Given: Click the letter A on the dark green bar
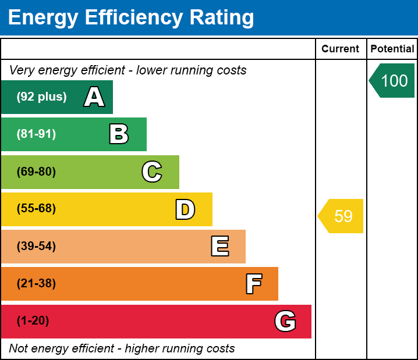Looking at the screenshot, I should click(94, 97).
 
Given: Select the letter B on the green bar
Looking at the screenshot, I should click(119, 134).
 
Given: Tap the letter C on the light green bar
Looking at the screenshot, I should click(152, 172).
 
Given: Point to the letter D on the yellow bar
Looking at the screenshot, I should click(185, 209).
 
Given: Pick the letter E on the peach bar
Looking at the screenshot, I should click(219, 247).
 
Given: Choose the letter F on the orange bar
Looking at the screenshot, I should click(253, 284).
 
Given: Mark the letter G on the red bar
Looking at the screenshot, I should click(285, 321).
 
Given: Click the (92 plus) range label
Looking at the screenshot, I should click(41, 97).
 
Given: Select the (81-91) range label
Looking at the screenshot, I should click(36, 134).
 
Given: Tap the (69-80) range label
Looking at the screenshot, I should click(36, 172).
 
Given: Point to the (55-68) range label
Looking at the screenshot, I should click(36, 209).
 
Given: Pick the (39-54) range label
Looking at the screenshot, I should click(36, 246).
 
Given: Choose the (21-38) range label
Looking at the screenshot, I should click(36, 284).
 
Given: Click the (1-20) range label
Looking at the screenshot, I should click(33, 321).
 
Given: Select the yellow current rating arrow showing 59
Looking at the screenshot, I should click(342, 216).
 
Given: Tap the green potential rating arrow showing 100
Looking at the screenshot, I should click(393, 81).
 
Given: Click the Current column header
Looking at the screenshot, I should click(341, 49).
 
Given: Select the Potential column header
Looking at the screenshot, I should click(392, 49).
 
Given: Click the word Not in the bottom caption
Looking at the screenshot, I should click(18, 349).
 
